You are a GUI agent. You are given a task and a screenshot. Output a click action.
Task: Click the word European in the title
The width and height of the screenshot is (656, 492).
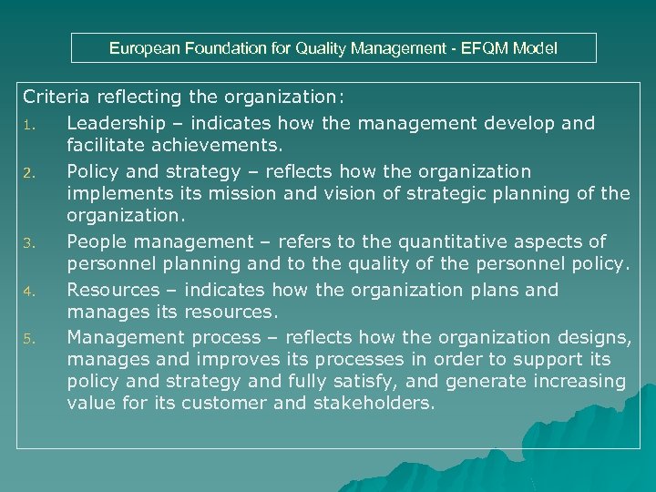coord(143,48)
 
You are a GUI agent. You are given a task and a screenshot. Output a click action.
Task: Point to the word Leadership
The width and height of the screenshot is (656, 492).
coord(116,123)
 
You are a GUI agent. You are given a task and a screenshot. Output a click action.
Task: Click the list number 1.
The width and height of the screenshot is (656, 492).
coord(27,125)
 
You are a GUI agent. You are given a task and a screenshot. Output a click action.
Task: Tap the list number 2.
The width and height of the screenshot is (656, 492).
coord(28,173)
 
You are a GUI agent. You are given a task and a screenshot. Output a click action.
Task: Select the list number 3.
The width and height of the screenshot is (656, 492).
coord(28,243)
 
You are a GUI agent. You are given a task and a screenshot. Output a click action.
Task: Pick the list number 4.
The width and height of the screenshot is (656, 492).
coord(28,292)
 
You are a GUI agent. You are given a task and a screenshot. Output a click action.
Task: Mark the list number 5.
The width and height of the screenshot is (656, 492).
coord(28,340)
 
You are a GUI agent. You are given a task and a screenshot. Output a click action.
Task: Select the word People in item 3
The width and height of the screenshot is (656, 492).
coord(97,241)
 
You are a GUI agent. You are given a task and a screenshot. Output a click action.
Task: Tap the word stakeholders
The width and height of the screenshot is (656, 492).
coord(373,403)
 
